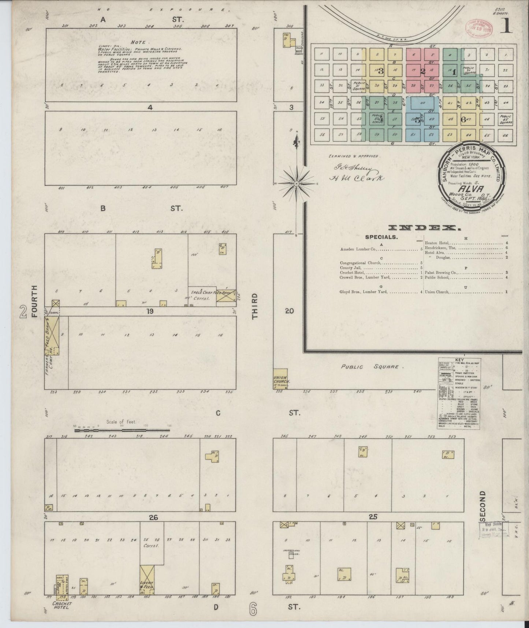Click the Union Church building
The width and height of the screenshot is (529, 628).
280,377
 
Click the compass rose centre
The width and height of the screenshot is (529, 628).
296,182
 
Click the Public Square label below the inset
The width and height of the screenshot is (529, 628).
372,366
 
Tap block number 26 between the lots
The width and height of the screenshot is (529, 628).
153,517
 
